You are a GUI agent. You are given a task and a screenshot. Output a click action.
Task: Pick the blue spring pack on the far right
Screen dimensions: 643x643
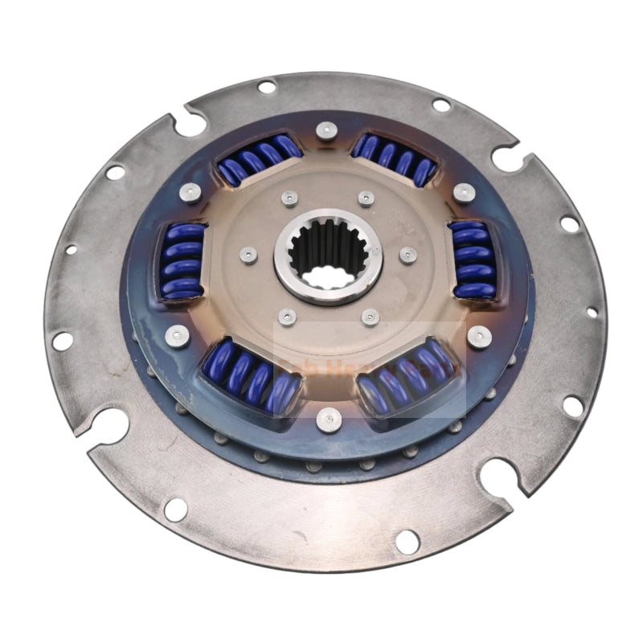(473, 260)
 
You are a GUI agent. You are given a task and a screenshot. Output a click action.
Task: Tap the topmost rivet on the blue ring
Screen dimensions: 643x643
(325, 130)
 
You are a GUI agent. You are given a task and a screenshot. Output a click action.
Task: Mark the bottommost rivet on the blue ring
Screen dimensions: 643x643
(326, 419)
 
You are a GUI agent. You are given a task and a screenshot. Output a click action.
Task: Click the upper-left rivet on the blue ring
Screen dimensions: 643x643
(190, 191)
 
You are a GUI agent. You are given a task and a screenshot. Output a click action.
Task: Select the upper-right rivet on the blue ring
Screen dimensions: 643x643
(464, 192)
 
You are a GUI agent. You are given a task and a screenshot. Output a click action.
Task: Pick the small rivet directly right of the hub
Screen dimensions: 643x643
(408, 255)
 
